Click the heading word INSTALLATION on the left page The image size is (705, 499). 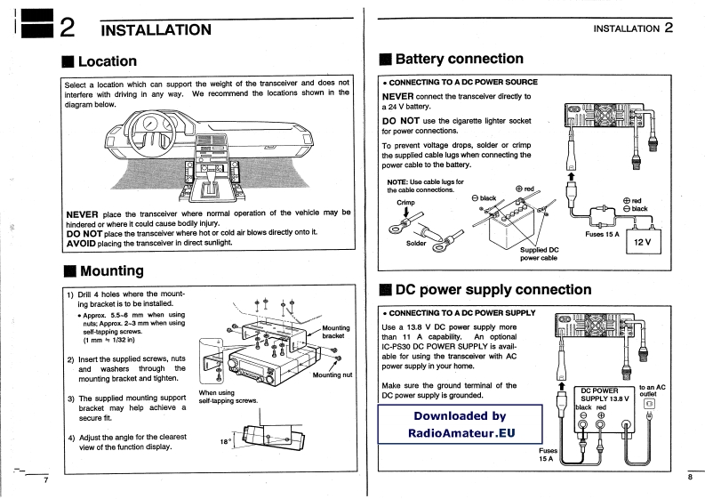point(156,29)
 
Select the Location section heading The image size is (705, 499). point(106,61)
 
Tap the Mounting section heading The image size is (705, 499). point(110,270)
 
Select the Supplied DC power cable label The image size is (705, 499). point(539,254)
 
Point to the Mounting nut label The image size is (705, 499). point(332,374)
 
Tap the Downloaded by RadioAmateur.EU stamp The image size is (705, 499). point(459,424)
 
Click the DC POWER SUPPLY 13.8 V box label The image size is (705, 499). point(605,393)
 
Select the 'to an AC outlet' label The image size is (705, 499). point(653,391)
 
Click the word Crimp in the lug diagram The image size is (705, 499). point(405,202)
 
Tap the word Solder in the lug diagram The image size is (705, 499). point(417,243)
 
